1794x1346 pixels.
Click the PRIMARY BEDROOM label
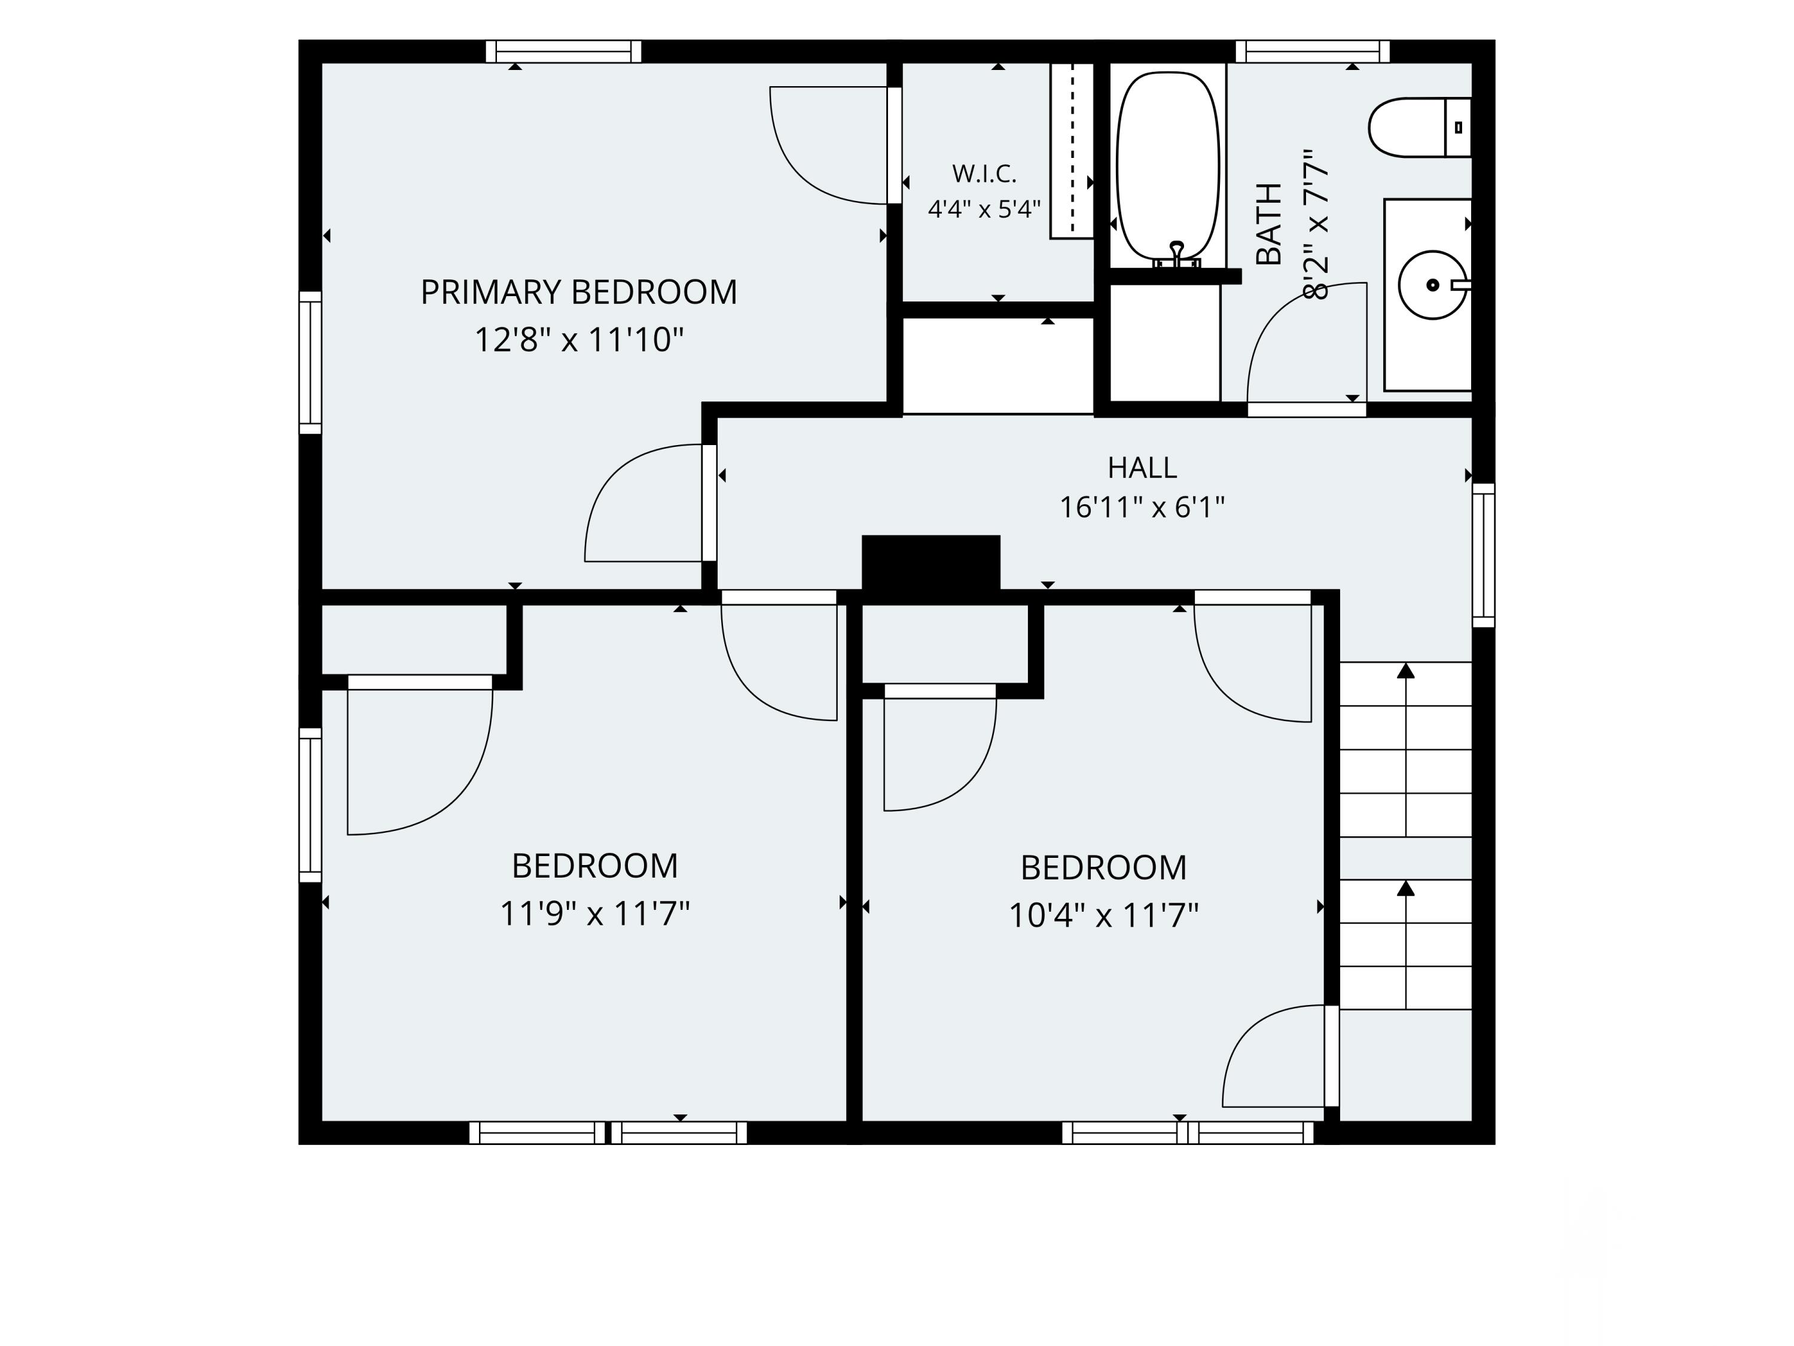pyautogui.click(x=578, y=292)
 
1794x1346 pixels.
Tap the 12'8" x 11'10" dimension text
pyautogui.click(x=578, y=340)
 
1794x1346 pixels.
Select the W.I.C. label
pyautogui.click(x=984, y=173)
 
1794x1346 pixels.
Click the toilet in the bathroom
pyautogui.click(x=1419, y=127)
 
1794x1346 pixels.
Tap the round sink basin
pyautogui.click(x=1433, y=285)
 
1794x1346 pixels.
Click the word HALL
pyautogui.click(x=1142, y=468)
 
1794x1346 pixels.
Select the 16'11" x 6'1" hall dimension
pyautogui.click(x=1142, y=508)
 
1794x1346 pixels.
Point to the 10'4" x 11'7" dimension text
pyautogui.click(x=1103, y=916)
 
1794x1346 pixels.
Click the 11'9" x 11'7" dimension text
pyautogui.click(x=594, y=914)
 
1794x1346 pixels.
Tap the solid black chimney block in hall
pyautogui.click(x=930, y=563)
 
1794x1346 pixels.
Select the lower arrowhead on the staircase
pyautogui.click(x=1405, y=888)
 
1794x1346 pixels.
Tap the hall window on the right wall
pyautogui.click(x=1484, y=555)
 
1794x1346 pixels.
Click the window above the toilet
pyautogui.click(x=1312, y=51)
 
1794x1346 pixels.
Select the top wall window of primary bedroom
pyautogui.click(x=564, y=51)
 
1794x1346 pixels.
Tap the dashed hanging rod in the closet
pyautogui.click(x=1072, y=150)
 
